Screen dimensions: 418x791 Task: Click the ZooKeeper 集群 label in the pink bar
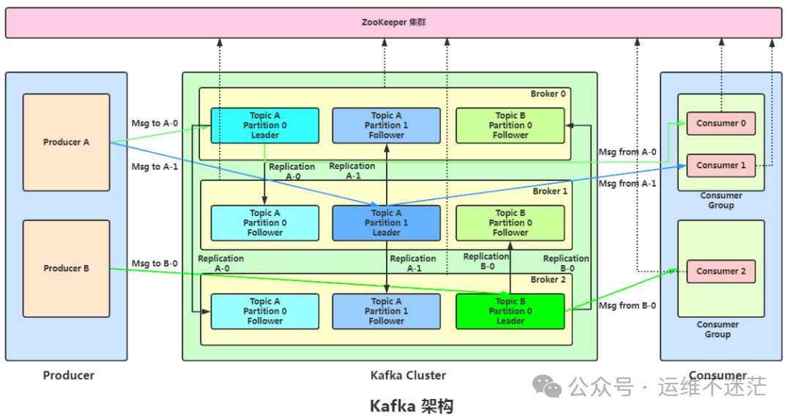393,23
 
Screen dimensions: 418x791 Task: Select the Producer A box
66,142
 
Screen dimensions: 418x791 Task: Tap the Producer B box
66,269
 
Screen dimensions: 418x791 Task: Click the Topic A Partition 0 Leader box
264,125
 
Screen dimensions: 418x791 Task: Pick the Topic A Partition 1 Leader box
386,223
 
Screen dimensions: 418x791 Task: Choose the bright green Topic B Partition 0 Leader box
510,311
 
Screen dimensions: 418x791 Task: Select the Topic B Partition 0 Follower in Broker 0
510,125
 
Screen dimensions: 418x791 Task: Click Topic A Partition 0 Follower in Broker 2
264,311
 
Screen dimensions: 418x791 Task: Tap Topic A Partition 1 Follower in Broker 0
386,125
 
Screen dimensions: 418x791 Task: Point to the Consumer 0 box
721,123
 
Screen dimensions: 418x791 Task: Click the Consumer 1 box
721,165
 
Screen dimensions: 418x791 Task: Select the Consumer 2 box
721,271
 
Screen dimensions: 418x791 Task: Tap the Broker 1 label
549,191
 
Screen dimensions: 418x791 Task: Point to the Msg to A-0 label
155,123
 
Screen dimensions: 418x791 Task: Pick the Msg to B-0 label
155,264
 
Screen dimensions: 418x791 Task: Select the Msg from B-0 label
627,306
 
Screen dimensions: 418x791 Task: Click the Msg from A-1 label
627,184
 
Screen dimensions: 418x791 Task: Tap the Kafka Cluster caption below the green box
408,376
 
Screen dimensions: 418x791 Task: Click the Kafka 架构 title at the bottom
411,406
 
